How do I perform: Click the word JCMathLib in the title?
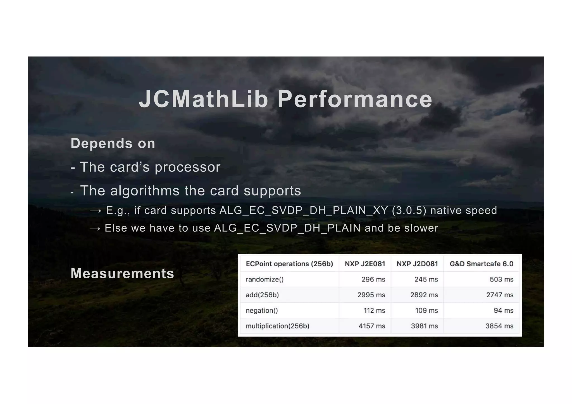click(x=203, y=99)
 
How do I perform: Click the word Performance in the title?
click(x=355, y=99)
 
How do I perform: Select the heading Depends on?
click(x=113, y=144)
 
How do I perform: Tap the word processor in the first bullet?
click(x=187, y=167)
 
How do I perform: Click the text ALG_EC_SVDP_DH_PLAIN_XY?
click(x=304, y=210)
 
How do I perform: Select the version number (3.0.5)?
click(x=409, y=210)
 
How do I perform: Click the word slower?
click(x=421, y=228)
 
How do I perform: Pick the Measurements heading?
click(x=122, y=273)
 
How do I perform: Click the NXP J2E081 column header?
click(x=365, y=264)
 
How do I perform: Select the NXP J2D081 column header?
click(x=417, y=264)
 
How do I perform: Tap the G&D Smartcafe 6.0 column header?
click(x=482, y=264)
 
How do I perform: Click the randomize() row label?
click(x=264, y=279)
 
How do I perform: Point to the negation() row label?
click(x=262, y=310)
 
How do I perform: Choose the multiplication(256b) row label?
click(x=277, y=326)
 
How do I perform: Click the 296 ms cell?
click(x=373, y=279)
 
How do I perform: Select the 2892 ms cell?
click(x=424, y=295)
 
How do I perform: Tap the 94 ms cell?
click(x=503, y=310)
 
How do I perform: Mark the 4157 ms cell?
click(x=372, y=326)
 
